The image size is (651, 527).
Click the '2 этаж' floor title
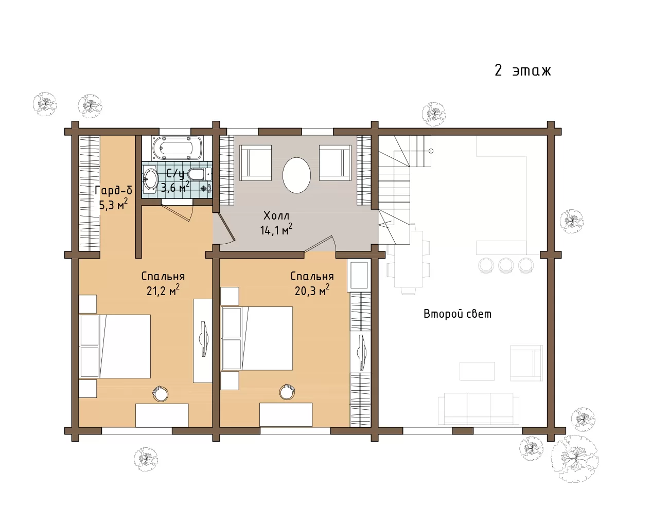[x=523, y=70]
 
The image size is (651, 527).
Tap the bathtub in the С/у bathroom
[x=177, y=148]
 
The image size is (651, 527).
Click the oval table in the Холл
[x=296, y=175]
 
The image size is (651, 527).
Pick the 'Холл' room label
[x=276, y=216]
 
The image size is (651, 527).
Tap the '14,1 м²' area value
[x=276, y=230]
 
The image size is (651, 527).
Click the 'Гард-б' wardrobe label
[x=114, y=190]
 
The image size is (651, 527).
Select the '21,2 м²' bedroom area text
[x=163, y=290]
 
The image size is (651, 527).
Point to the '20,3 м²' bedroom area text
[x=312, y=290]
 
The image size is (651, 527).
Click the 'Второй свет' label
[x=457, y=314]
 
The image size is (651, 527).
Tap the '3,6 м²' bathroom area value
[x=175, y=187]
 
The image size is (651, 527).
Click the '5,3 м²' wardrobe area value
[x=113, y=205]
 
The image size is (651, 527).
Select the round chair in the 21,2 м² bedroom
[x=161, y=394]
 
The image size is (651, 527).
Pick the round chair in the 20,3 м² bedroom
[x=287, y=392]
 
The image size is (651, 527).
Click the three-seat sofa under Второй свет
[x=478, y=409]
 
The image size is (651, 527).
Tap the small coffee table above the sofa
[x=477, y=371]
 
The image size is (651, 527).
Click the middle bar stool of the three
[x=506, y=265]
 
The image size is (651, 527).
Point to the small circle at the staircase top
[x=431, y=151]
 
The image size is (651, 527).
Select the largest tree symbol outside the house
[x=575, y=459]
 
